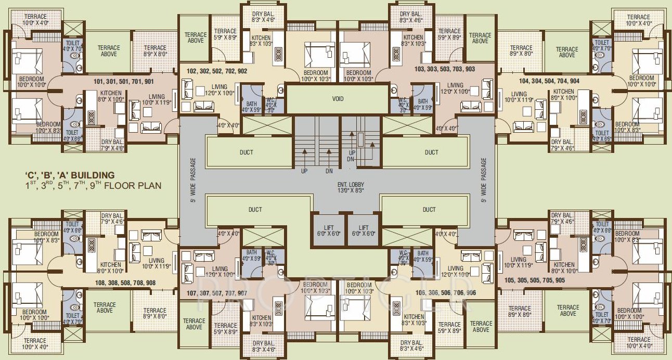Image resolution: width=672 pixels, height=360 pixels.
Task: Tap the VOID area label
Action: click(337, 98)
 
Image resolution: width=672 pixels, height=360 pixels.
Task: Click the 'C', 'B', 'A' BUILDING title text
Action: click(70, 175)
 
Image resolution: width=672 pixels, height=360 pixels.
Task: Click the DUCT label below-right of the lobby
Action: click(429, 210)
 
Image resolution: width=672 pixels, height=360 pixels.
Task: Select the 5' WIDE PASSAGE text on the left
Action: click(192, 180)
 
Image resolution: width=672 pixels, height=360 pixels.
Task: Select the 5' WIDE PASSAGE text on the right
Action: click(483, 180)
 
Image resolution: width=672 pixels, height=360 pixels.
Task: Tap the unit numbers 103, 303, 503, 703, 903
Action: click(445, 69)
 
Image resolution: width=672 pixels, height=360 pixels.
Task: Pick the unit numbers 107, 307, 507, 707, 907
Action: click(213, 293)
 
